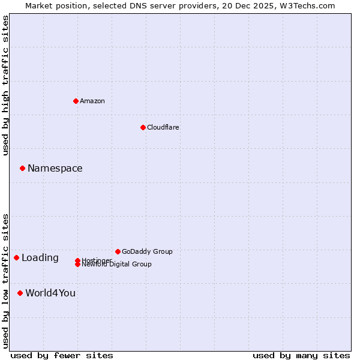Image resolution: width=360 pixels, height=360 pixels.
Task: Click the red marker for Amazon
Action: (76, 101)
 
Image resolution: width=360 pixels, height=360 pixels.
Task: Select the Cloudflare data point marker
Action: (143, 127)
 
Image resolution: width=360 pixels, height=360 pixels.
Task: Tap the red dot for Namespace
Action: (22, 168)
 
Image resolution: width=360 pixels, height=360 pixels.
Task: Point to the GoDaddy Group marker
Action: (118, 251)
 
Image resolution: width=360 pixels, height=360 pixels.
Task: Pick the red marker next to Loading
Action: (16, 257)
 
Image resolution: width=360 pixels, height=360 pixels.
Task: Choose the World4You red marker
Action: (20, 293)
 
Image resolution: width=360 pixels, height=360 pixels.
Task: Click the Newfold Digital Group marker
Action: (77, 264)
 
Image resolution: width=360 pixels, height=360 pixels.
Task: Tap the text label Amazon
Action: (92, 101)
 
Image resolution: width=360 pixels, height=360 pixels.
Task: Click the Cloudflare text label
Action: (163, 127)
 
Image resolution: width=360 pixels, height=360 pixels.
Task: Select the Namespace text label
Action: (55, 168)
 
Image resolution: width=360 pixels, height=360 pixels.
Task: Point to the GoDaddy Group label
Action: (147, 251)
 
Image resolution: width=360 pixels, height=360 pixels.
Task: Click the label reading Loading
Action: (40, 258)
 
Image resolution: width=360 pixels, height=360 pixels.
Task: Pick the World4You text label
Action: (50, 293)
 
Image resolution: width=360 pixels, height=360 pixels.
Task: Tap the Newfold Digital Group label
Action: (117, 265)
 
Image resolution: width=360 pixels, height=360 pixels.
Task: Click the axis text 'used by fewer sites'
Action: (62, 355)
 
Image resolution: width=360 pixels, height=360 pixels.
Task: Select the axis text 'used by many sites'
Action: (301, 355)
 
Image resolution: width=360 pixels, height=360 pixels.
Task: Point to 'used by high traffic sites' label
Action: (6, 85)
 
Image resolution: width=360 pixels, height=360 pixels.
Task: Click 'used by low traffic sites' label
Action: (6, 281)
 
